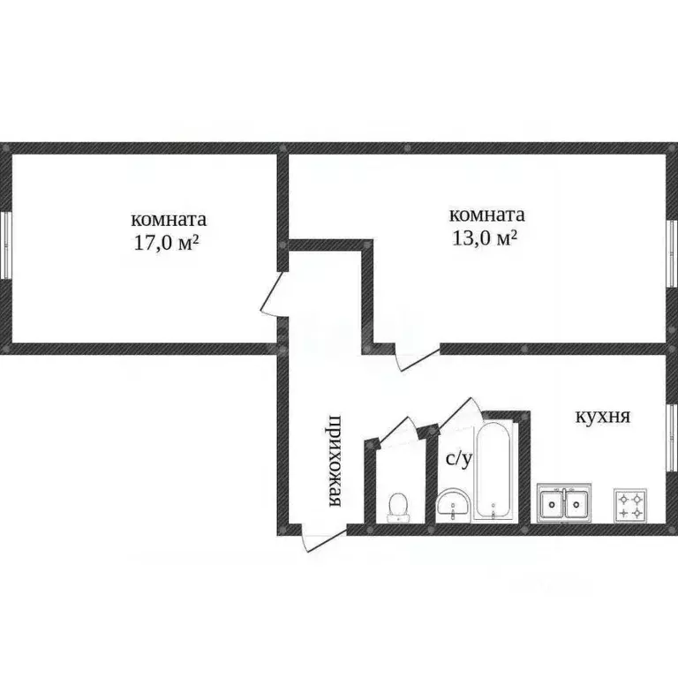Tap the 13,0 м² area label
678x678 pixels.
[x=484, y=239]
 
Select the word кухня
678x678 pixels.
[x=602, y=416]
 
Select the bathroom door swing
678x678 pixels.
[x=457, y=411]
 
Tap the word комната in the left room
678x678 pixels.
[x=169, y=219]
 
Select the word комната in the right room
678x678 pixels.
[x=487, y=215]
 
